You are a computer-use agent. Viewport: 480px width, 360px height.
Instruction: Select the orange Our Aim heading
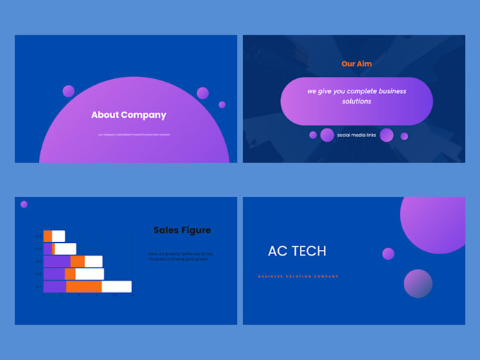[x=356, y=64]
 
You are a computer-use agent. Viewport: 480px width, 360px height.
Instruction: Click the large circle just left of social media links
[x=327, y=135]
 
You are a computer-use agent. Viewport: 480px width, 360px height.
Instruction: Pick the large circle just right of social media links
[x=386, y=135]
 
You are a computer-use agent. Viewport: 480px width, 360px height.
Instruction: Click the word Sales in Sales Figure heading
[x=165, y=230]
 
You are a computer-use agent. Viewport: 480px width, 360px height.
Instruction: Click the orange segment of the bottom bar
[x=83, y=287]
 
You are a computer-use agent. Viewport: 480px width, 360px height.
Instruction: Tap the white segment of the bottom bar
[x=116, y=287]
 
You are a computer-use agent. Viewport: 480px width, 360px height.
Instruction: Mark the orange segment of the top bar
[x=47, y=236]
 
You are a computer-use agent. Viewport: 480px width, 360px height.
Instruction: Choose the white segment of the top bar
[x=58, y=236]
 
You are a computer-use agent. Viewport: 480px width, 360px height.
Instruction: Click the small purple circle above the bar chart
[x=24, y=204]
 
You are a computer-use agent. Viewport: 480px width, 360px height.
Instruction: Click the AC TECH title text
[x=297, y=251]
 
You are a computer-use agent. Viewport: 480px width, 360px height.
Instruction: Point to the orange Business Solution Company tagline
[x=298, y=277]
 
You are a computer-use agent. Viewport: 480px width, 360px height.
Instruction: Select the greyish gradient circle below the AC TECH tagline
[x=418, y=283]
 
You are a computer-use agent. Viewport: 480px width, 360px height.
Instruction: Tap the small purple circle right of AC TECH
[x=388, y=253]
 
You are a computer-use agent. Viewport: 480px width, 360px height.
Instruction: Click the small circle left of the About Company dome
[x=68, y=91]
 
